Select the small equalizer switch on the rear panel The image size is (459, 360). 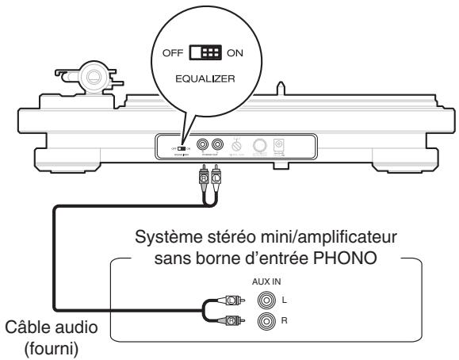(x=181, y=147)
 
